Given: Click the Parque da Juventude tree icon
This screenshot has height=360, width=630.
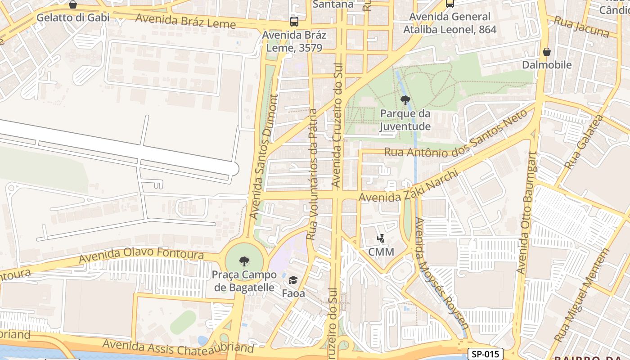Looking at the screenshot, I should (405, 100).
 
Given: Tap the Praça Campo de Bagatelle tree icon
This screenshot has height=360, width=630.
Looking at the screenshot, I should (244, 261).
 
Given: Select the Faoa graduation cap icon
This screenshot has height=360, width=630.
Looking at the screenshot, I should (293, 280).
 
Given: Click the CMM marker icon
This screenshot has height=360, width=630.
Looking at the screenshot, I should (381, 238).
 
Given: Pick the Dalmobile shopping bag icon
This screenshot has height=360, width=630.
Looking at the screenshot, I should (547, 52).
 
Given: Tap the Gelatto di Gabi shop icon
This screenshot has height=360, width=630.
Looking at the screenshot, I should (73, 4).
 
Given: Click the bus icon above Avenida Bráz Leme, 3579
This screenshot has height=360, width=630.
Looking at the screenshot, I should (294, 21).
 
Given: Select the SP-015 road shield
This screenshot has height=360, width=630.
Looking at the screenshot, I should (485, 354).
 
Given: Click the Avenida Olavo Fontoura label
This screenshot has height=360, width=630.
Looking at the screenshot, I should (141, 255).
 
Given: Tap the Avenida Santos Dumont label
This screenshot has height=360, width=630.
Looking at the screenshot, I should (264, 156).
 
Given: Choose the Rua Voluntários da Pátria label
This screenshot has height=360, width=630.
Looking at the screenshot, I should (312, 174).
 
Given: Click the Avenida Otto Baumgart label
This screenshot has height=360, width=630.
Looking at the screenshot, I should (527, 212).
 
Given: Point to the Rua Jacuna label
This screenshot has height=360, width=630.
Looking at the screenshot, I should (581, 27).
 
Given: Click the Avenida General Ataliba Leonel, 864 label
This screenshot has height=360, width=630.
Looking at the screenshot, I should (450, 23).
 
